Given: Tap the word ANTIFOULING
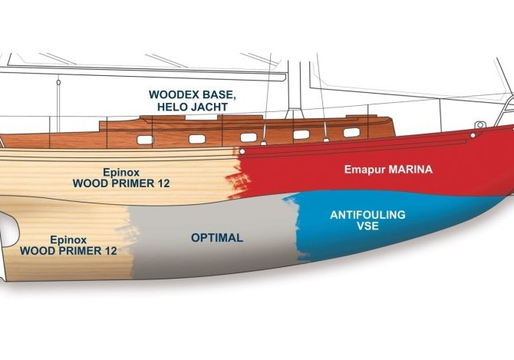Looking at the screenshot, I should pyautogui.click(x=367, y=215).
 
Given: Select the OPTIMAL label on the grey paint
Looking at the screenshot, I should pyautogui.click(x=217, y=238).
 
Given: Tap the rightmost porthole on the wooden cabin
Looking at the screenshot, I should pyautogui.click(x=351, y=132).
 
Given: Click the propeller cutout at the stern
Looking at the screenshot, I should pyautogui.click(x=7, y=227).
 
